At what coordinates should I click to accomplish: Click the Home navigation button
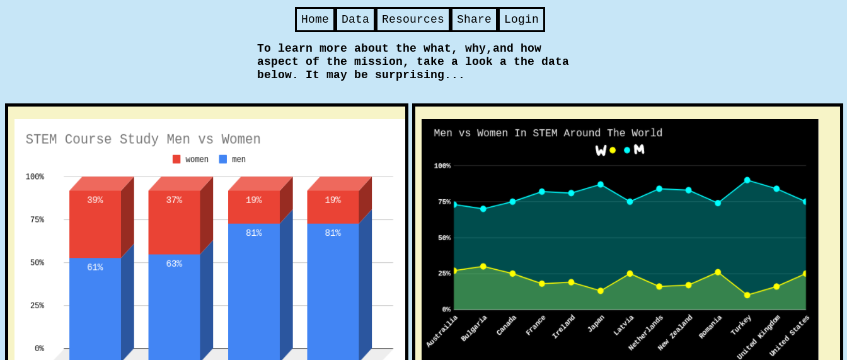[x=315, y=20]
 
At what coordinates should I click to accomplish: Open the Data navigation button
[x=355, y=20]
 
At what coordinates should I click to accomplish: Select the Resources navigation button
[x=413, y=20]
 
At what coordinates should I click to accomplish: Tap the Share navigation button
[x=474, y=20]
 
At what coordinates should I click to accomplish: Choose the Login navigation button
[x=521, y=20]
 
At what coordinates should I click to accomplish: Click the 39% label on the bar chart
[x=95, y=200]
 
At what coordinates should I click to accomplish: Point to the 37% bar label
[x=174, y=200]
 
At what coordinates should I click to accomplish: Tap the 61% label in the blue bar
[x=95, y=267]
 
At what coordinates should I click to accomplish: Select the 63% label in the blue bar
[x=174, y=264]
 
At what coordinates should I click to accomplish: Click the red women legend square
[x=176, y=160]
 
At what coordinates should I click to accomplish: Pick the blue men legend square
[x=223, y=160]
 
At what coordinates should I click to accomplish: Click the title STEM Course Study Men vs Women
[x=143, y=139]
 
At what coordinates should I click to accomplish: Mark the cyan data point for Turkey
[x=747, y=180]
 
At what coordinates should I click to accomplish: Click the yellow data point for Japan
[x=601, y=291]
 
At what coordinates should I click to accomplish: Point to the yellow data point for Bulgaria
[x=483, y=267]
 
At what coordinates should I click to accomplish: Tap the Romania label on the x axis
[x=710, y=327]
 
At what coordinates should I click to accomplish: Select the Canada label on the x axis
[x=506, y=325]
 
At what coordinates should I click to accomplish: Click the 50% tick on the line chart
[x=442, y=238]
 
